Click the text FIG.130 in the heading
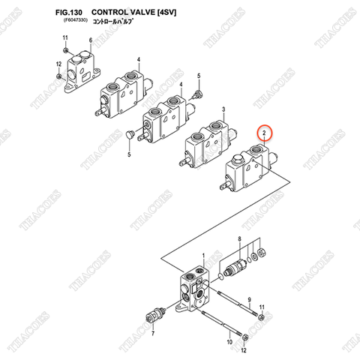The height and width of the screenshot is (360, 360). (x=70, y=13)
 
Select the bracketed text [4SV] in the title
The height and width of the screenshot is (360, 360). (x=171, y=13)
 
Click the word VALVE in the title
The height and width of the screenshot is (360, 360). (x=143, y=13)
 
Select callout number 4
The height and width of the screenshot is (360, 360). (x=139, y=59)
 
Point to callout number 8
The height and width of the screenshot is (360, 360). (x=239, y=239)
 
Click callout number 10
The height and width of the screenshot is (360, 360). (x=230, y=342)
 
